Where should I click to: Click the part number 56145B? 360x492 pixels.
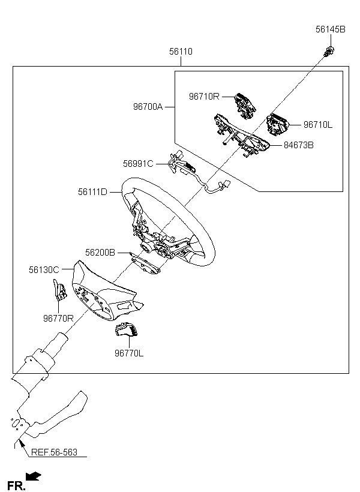pyautogui.click(x=331, y=29)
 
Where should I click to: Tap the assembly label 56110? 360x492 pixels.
pyautogui.click(x=181, y=52)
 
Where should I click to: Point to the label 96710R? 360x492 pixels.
pyautogui.click(x=205, y=95)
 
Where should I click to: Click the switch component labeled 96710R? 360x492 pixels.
pyautogui.click(x=245, y=105)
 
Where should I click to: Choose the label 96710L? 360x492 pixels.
pyautogui.click(x=317, y=125)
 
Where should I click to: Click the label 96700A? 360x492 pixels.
pyautogui.click(x=148, y=107)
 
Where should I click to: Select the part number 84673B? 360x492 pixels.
pyautogui.click(x=298, y=145)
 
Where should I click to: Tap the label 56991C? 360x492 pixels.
pyautogui.click(x=139, y=163)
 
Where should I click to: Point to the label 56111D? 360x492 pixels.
pyautogui.click(x=92, y=192)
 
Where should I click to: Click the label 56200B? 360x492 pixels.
pyautogui.click(x=100, y=253)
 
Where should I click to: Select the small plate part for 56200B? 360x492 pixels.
pyautogui.click(x=144, y=265)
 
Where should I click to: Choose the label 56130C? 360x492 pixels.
pyautogui.click(x=44, y=270)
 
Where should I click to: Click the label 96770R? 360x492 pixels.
pyautogui.click(x=58, y=319)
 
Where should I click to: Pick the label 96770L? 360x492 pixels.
pyautogui.click(x=129, y=353)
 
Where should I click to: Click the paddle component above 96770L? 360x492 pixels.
pyautogui.click(x=127, y=332)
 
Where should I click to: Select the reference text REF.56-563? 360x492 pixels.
pyautogui.click(x=53, y=452)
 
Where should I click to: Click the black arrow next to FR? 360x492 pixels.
pyautogui.click(x=35, y=477)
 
